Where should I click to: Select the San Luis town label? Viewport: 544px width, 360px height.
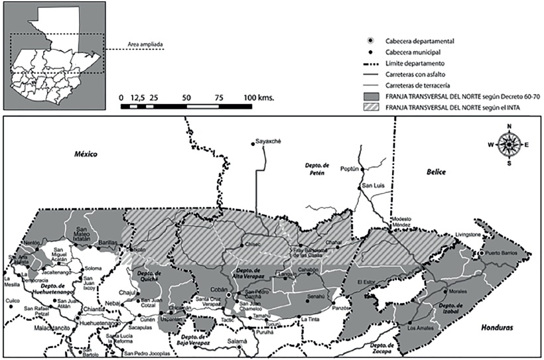[x=373, y=186]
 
